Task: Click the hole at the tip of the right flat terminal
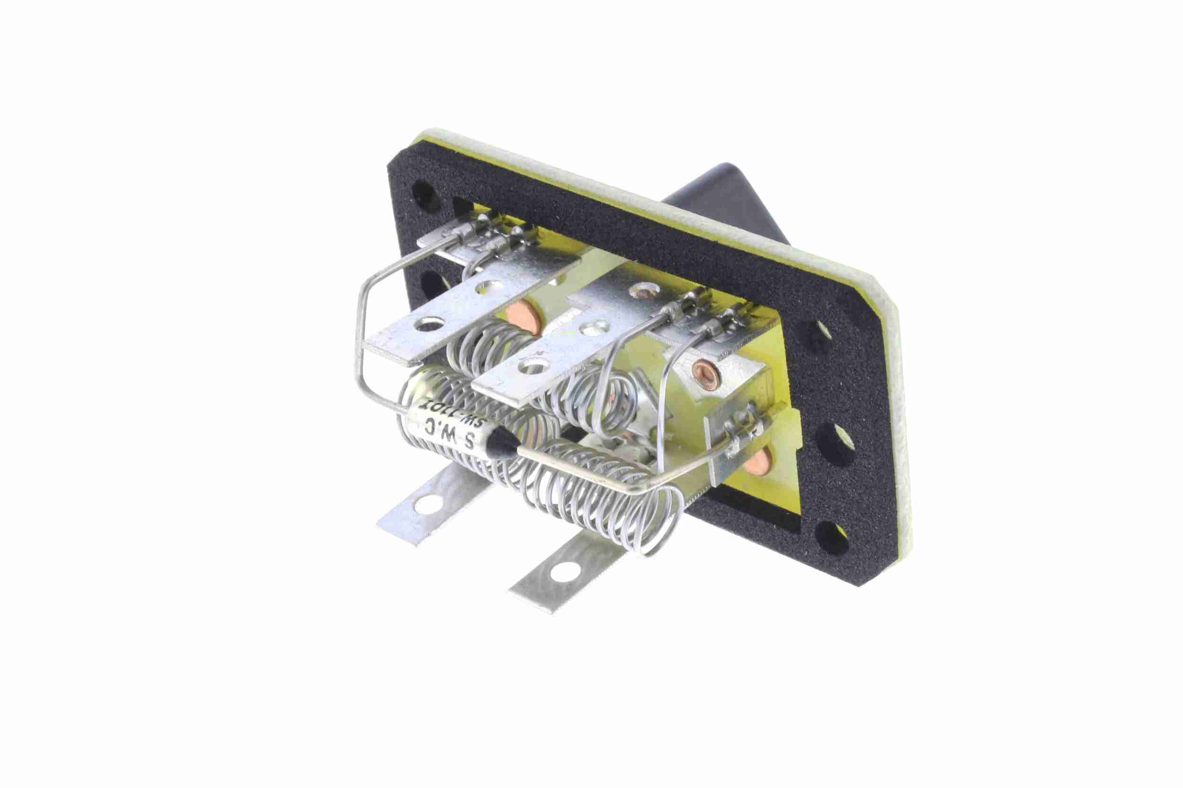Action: [533, 364]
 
